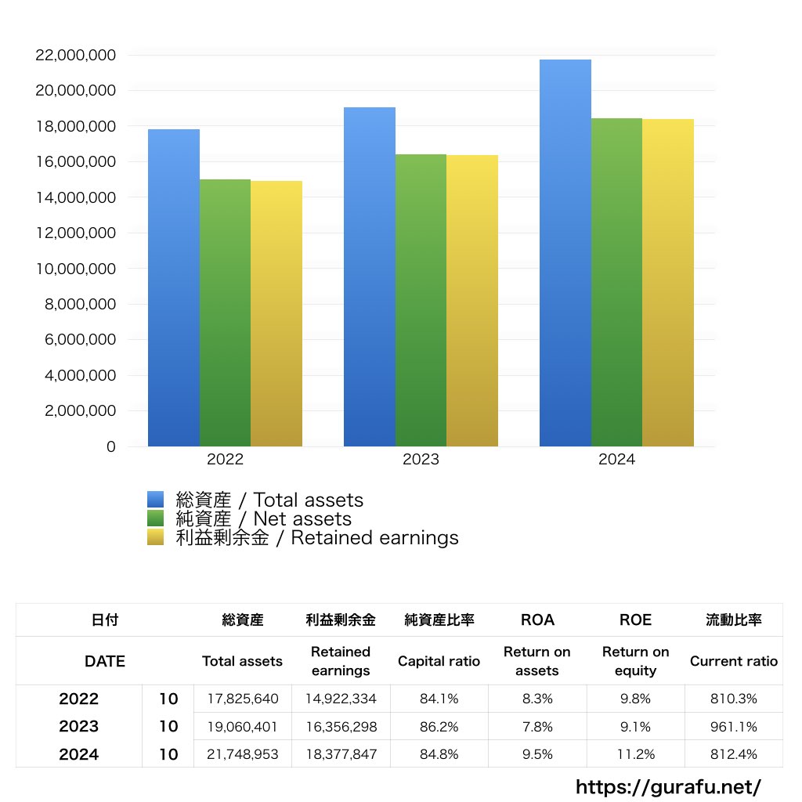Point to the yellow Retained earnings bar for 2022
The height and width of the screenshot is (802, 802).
click(x=276, y=313)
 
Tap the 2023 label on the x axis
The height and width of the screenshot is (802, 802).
click(x=421, y=460)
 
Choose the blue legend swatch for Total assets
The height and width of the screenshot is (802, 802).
click(x=155, y=500)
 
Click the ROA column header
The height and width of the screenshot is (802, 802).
click(x=537, y=620)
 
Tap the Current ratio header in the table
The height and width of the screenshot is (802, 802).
click(x=734, y=661)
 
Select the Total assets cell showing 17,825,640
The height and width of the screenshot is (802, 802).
click(x=243, y=699)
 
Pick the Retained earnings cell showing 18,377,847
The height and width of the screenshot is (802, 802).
click(x=341, y=755)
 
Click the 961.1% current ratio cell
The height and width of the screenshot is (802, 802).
click(x=734, y=727)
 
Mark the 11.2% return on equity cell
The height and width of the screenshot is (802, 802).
click(x=635, y=755)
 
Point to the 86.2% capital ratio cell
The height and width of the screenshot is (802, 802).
click(x=439, y=727)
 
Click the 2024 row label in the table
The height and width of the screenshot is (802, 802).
click(x=79, y=755)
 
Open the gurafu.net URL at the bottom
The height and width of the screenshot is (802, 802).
click(x=668, y=786)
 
